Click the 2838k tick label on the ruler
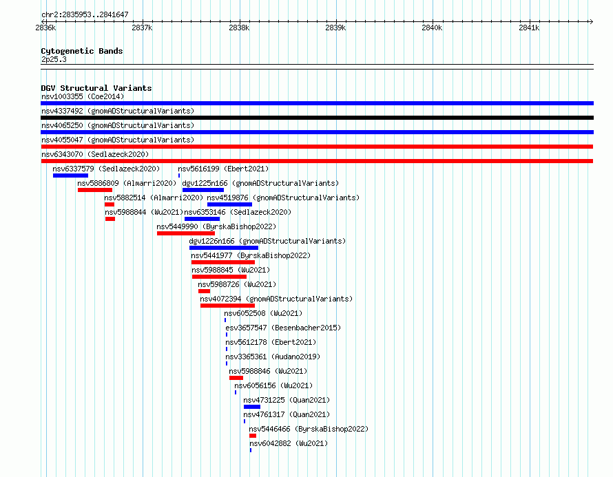point(239,28)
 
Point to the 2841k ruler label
point(529,28)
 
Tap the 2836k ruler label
point(45,28)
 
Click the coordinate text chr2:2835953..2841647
point(85,15)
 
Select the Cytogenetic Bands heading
point(82,51)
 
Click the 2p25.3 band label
point(54,59)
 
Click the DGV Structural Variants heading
point(96,88)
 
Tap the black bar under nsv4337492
point(317,118)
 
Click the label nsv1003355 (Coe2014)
point(83,96)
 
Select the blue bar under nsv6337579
point(70,176)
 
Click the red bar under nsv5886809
point(95,190)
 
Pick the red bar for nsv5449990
point(186,233)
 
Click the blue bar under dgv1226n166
point(224,248)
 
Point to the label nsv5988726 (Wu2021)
point(237,284)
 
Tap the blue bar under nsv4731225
point(252,407)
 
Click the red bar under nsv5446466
point(253,436)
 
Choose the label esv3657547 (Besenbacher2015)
point(283,328)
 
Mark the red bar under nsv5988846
point(236,378)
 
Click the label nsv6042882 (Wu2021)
point(289,443)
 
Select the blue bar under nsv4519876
point(229,204)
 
